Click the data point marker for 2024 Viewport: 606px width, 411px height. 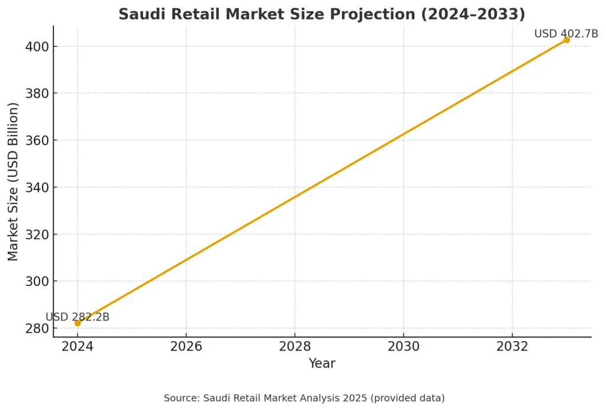[78, 323]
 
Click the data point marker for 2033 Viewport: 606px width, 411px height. [566, 40]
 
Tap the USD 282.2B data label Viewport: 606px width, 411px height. [78, 317]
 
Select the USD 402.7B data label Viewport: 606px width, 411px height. [566, 34]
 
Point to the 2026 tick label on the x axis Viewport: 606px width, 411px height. [186, 346]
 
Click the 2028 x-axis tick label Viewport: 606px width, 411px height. [295, 346]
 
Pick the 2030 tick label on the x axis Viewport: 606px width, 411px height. [404, 346]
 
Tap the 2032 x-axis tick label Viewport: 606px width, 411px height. [512, 346]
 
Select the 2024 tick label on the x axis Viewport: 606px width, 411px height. [78, 346]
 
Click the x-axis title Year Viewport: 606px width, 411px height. [322, 364]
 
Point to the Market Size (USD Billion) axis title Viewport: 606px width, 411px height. [14, 182]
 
